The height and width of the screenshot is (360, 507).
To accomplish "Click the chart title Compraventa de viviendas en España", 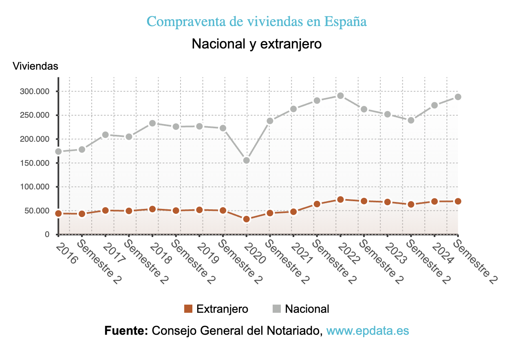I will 256,22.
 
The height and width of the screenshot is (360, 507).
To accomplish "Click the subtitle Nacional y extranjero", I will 256,44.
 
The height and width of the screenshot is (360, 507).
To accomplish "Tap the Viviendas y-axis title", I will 35,66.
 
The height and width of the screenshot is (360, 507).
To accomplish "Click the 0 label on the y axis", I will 47,235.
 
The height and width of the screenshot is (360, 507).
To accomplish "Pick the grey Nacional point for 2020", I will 246,160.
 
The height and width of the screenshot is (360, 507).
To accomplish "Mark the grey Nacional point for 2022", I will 340,96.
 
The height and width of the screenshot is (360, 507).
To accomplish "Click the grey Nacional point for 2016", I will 58,151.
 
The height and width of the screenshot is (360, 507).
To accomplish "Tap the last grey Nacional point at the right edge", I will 458,97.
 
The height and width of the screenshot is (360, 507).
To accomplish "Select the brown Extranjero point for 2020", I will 246,219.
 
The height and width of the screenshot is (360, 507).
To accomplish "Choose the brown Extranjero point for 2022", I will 340,200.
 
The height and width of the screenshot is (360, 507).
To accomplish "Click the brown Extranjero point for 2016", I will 58,213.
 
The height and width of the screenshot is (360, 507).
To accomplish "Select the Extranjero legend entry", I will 216,309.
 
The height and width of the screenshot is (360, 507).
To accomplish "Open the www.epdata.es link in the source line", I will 368,331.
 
